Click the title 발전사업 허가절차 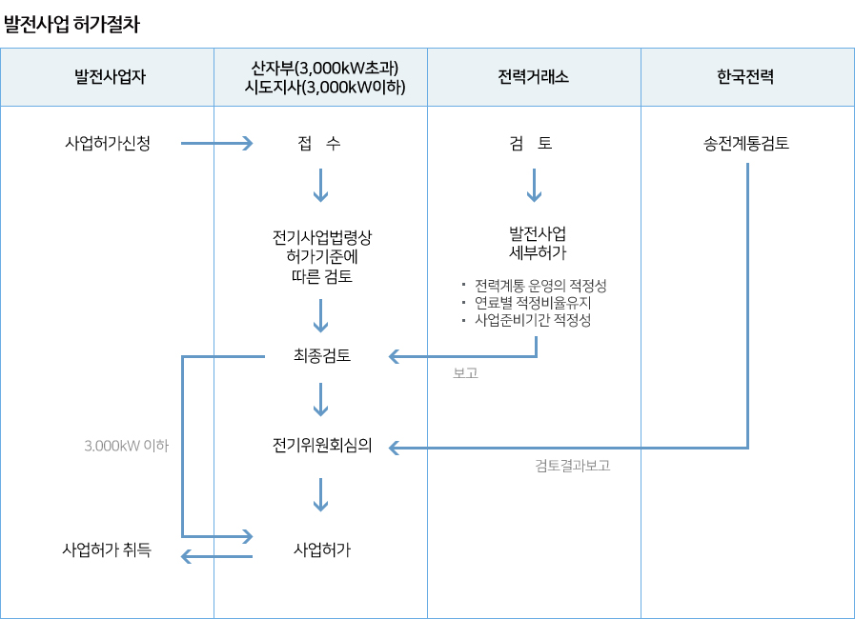(72, 25)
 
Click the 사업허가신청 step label (108, 145)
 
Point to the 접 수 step (319, 145)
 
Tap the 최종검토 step (322, 356)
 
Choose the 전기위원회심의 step (321, 446)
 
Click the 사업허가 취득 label (106, 549)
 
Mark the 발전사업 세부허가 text (538, 243)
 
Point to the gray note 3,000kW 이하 (127, 445)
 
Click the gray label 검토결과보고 (572, 466)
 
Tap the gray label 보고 (465, 374)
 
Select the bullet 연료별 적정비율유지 (546, 303)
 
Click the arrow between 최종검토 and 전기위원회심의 (321, 401)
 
